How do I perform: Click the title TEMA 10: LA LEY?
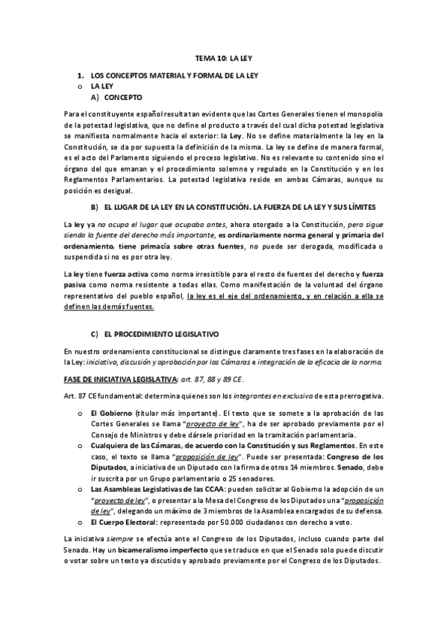tap(223, 56)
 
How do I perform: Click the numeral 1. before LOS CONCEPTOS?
tap(81, 76)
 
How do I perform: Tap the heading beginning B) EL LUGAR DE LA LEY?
tap(231, 205)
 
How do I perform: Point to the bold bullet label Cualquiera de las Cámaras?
tap(139, 445)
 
